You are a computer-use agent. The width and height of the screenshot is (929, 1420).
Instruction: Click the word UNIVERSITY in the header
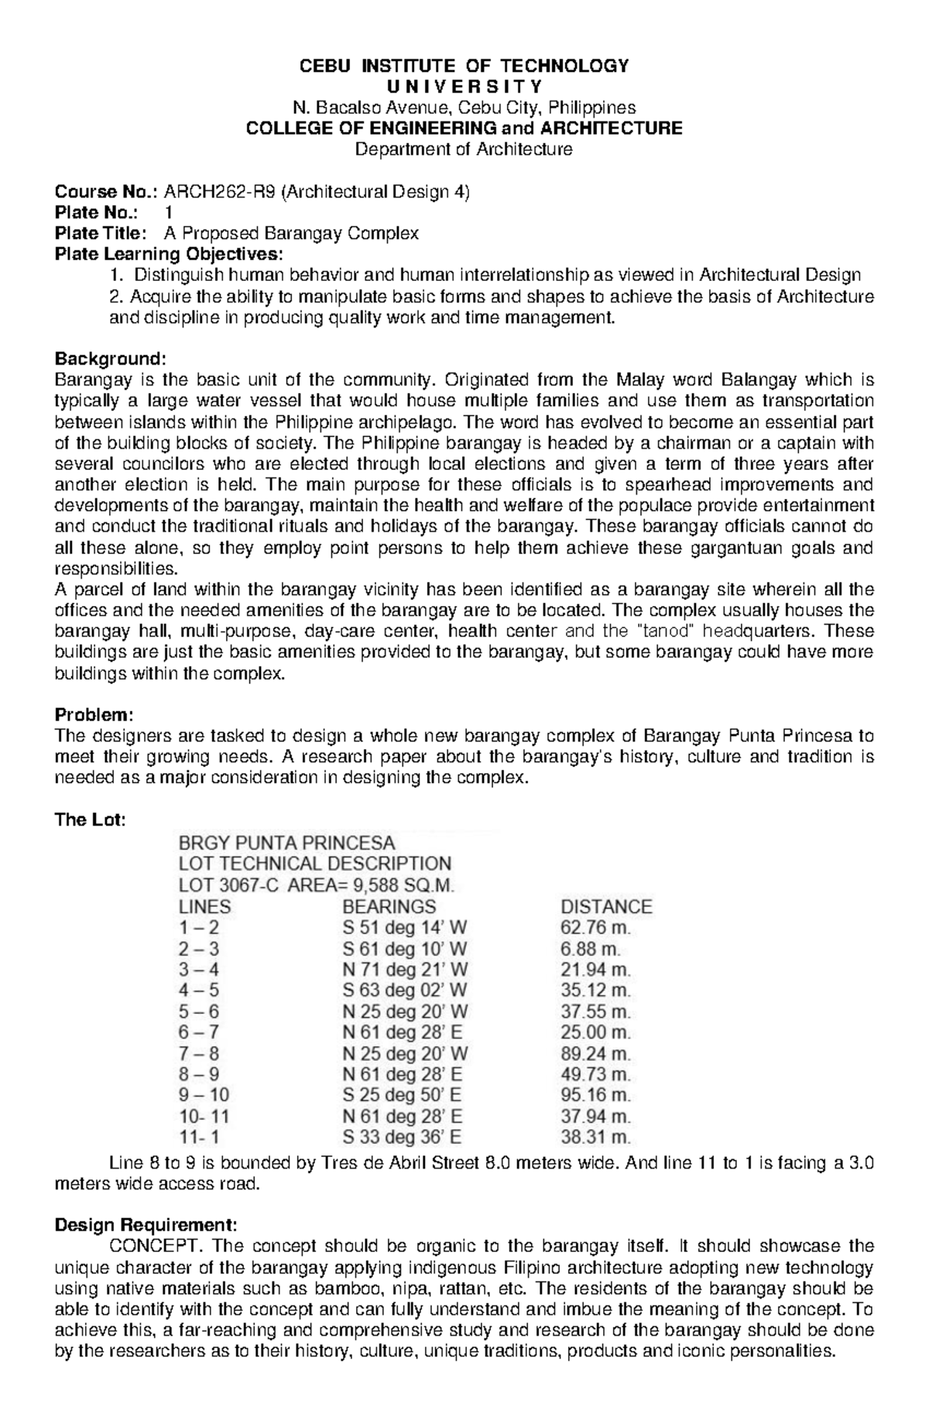(x=464, y=86)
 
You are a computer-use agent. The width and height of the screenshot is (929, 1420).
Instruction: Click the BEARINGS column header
(x=389, y=906)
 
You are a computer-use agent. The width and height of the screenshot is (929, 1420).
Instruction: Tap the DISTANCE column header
(x=605, y=906)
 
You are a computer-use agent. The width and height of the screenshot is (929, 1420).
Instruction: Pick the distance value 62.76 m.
(x=595, y=927)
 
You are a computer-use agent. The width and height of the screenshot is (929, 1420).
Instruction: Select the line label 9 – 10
(x=204, y=1095)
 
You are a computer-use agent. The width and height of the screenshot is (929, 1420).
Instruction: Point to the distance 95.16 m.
(x=595, y=1095)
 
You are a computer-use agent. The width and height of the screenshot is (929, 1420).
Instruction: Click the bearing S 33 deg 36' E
(x=402, y=1138)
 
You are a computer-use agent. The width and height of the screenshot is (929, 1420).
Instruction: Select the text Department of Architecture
(x=464, y=149)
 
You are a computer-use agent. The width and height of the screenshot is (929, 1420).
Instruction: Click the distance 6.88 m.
(x=590, y=949)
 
